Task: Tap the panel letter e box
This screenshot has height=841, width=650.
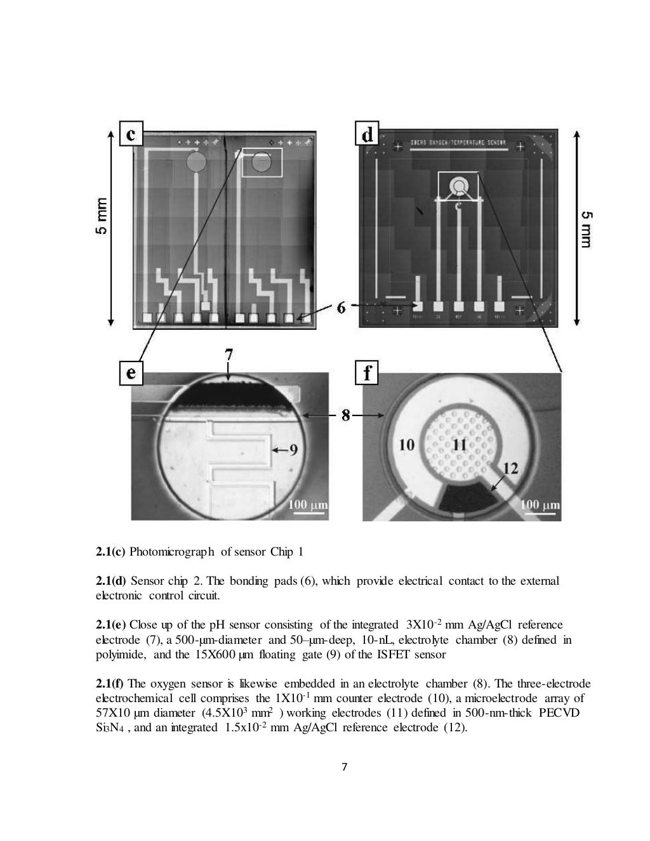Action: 130,373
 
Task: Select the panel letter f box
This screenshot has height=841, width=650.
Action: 367,373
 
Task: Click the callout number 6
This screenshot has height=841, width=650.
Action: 341,308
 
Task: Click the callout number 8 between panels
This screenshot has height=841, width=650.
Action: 346,416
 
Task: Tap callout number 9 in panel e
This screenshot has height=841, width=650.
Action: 293,450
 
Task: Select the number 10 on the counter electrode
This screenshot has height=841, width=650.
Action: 407,445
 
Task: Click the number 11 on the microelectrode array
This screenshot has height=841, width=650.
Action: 460,445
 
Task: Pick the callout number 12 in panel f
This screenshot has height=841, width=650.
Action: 510,468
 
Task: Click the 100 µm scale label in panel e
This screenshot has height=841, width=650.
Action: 308,505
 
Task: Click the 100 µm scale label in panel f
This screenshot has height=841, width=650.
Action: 540,505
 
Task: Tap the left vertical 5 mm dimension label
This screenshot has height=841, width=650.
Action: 102,217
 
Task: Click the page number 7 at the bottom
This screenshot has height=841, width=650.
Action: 344,767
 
